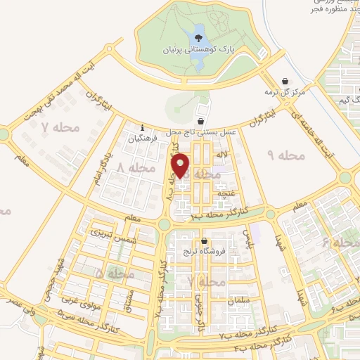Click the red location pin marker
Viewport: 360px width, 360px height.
(182, 165)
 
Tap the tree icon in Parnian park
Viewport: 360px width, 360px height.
(198, 31)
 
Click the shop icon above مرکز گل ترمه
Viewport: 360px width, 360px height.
(284, 81)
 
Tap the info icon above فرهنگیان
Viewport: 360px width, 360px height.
(143, 128)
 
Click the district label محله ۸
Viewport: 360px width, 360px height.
(136, 168)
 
